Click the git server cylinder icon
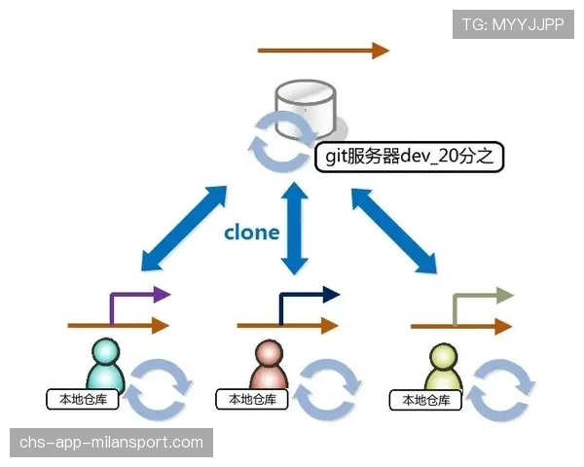[306, 109]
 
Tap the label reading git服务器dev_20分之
[410, 157]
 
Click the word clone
[252, 233]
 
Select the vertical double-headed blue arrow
[295, 229]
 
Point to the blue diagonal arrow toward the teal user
[184, 228]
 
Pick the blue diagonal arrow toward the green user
[394, 231]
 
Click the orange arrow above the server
[323, 51]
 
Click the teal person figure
[105, 364]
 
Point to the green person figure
[443, 367]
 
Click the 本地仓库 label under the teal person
[83, 399]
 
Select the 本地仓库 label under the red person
[252, 399]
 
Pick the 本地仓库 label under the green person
[425, 400]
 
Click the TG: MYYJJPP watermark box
[513, 24]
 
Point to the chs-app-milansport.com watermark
[111, 443]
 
